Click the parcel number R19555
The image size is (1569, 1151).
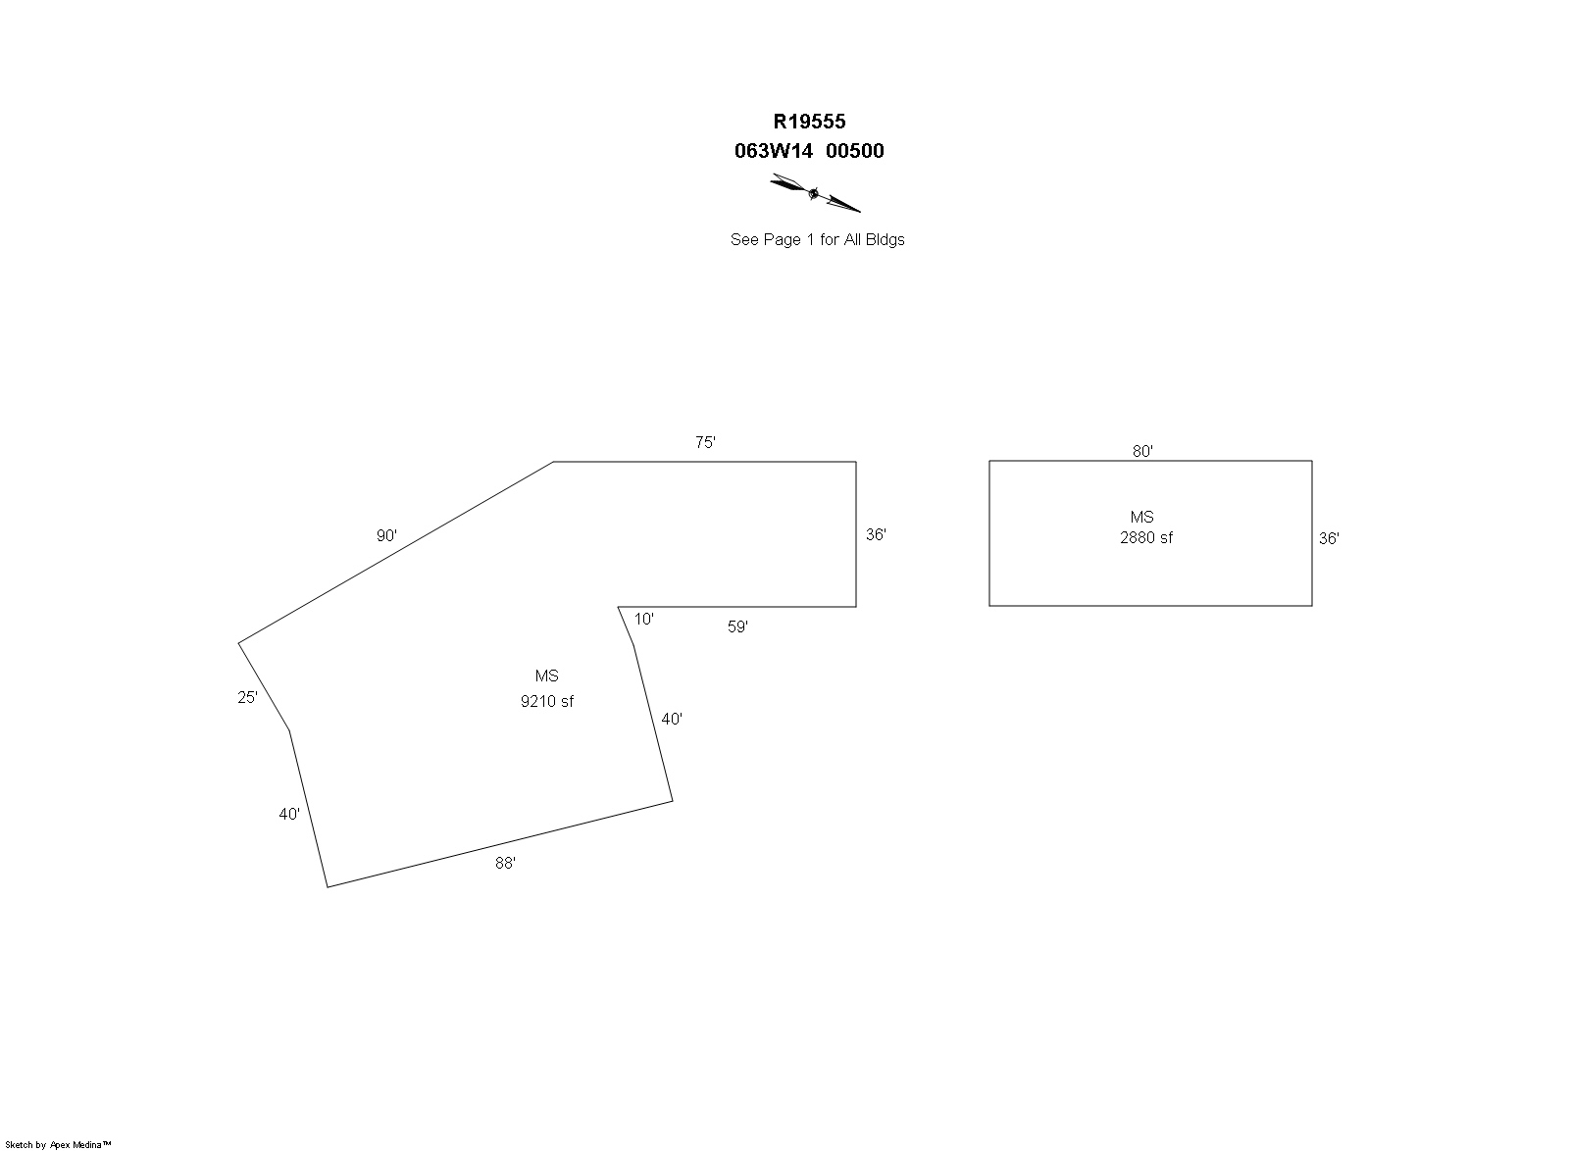(x=809, y=122)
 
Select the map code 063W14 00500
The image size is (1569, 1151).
(x=809, y=151)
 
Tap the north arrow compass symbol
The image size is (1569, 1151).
(x=815, y=192)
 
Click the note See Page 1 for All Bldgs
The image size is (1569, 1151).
(x=818, y=239)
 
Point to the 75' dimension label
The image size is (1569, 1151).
(x=705, y=442)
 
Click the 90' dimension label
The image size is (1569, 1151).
(x=386, y=535)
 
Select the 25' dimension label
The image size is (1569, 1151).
(x=247, y=697)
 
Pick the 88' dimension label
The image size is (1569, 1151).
(x=505, y=863)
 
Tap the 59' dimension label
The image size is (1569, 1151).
(x=737, y=626)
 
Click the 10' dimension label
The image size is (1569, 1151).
(x=643, y=619)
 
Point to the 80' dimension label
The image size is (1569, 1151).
(x=1142, y=452)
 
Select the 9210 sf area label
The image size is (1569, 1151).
(x=547, y=702)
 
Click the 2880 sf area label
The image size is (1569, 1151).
(x=1146, y=537)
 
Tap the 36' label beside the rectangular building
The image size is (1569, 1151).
(x=1329, y=538)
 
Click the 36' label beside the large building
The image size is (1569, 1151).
(x=876, y=535)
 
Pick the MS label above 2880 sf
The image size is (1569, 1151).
(x=1141, y=518)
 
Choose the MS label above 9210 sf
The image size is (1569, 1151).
(x=547, y=676)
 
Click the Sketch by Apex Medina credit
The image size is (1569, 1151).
(x=58, y=1145)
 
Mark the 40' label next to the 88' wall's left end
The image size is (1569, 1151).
(x=289, y=815)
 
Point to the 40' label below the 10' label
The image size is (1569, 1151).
(x=672, y=719)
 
